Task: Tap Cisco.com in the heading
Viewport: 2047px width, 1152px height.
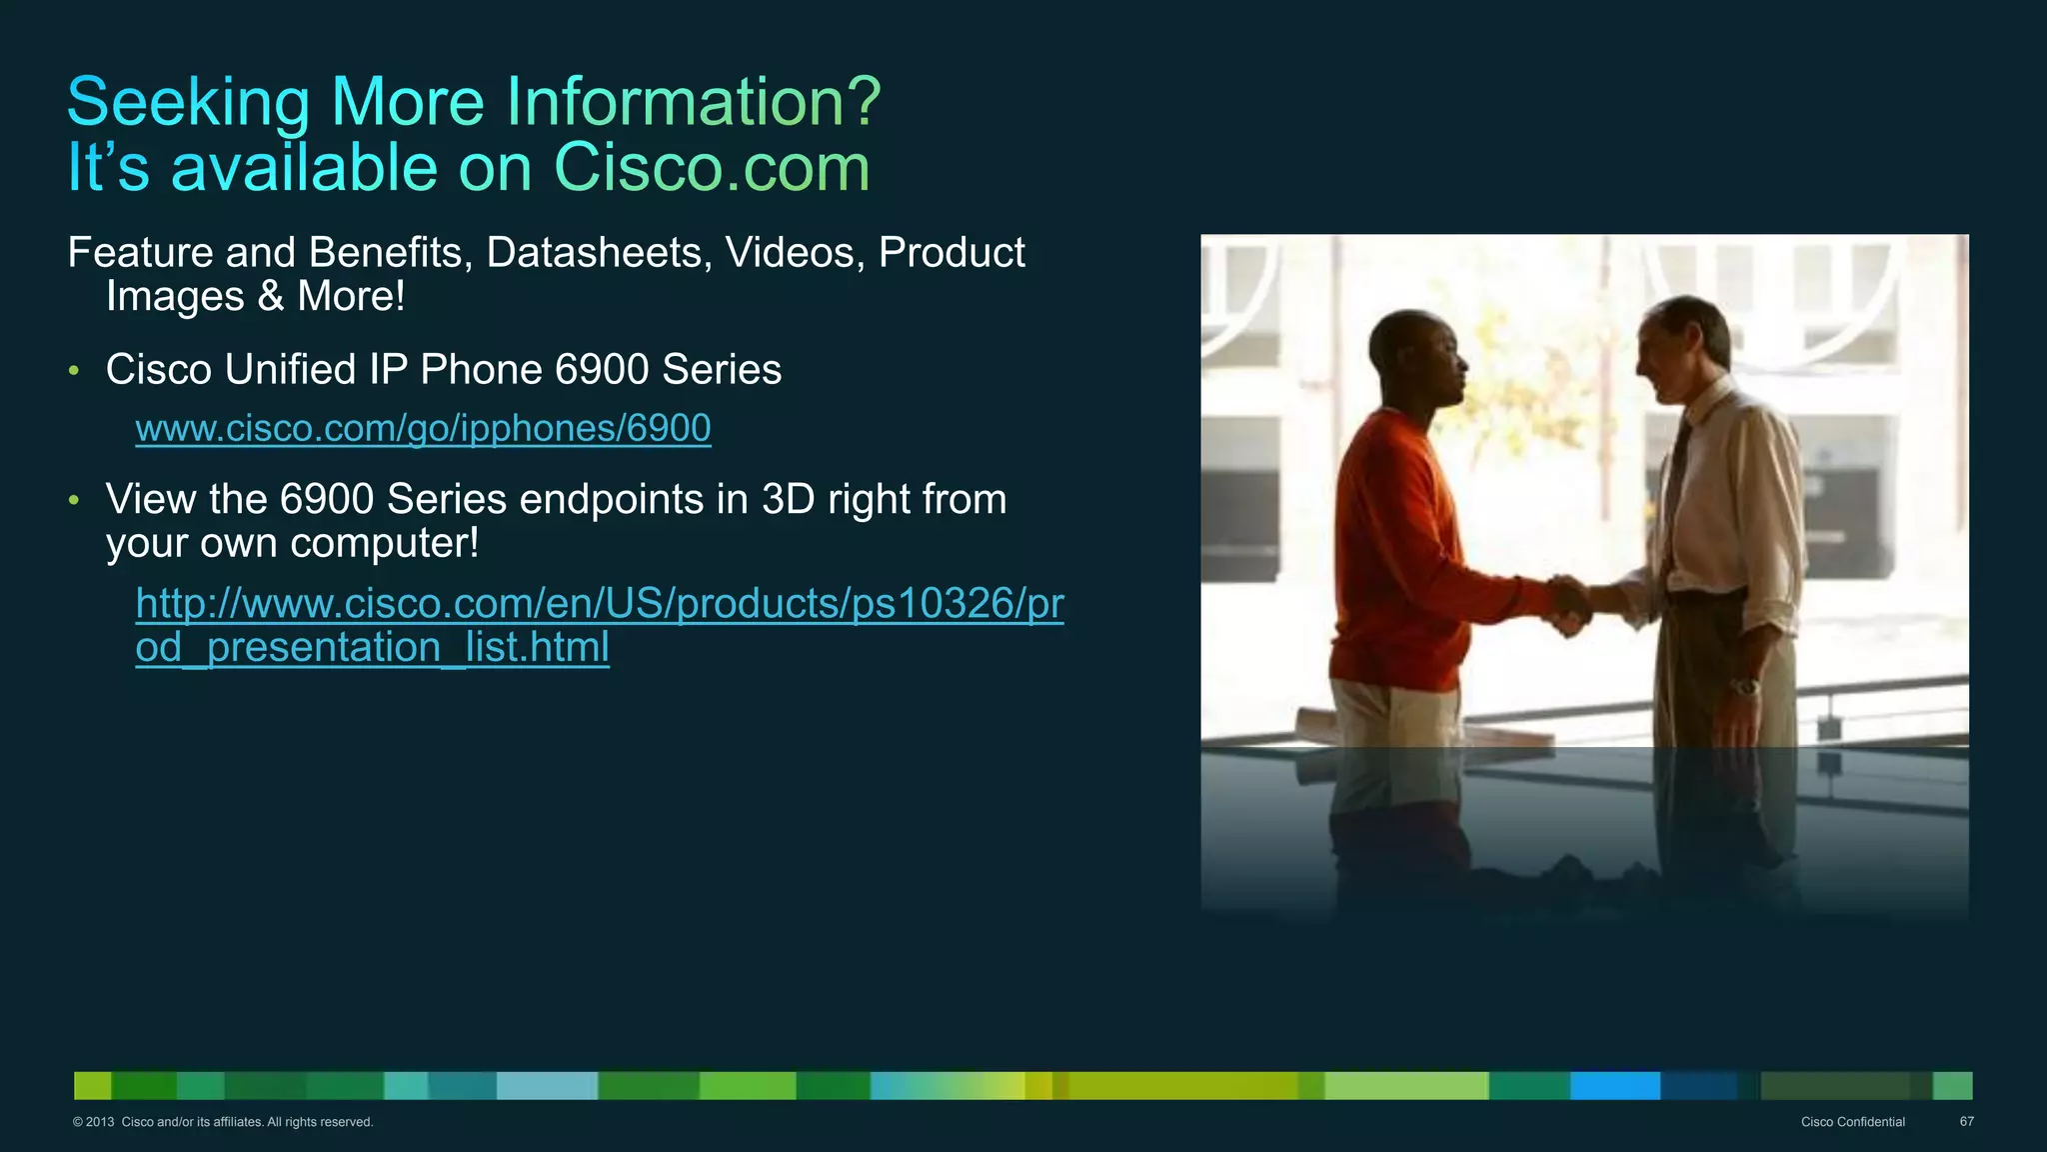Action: click(x=712, y=168)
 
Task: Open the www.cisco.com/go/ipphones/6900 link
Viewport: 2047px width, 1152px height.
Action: click(x=423, y=428)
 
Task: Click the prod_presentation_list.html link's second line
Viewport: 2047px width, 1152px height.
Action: click(x=372, y=647)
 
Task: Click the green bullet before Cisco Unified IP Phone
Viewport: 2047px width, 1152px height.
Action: click(x=74, y=371)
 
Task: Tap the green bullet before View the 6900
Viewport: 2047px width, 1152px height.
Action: click(x=74, y=500)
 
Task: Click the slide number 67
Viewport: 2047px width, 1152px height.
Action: click(x=1966, y=1122)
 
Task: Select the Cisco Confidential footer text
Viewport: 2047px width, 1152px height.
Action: click(x=1852, y=1122)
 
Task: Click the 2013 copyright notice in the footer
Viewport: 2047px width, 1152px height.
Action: click(x=222, y=1122)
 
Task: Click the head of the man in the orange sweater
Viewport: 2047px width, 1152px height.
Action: click(x=1414, y=360)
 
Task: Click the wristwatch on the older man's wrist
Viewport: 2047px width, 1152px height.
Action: click(x=1745, y=687)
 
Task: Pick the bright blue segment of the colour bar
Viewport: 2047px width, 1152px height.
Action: click(x=1614, y=1085)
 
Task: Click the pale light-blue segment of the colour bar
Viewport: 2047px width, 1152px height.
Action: click(x=547, y=1085)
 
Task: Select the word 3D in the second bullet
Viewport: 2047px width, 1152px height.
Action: click(x=788, y=499)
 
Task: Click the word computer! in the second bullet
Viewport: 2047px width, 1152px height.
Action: click(x=384, y=543)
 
